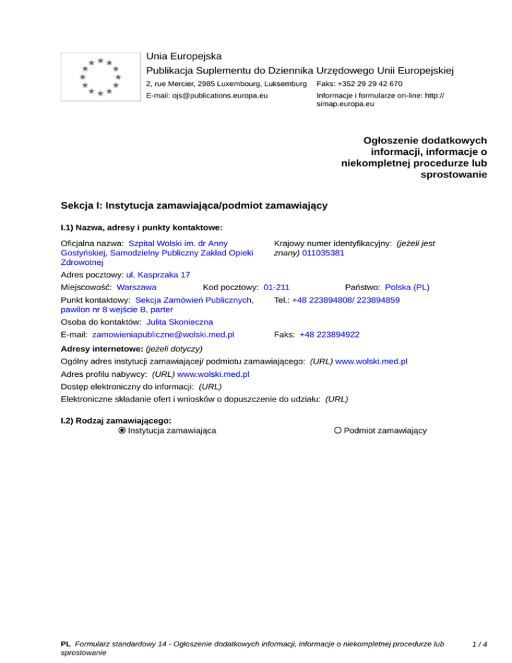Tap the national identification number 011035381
tap(323, 253)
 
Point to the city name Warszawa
tap(136, 287)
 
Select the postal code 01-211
tap(277, 287)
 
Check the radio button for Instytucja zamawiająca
tap(122, 431)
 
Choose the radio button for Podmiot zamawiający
tap(338, 431)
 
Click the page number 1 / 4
tap(479, 645)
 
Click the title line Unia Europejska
tap(183, 56)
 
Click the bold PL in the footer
tap(65, 645)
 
